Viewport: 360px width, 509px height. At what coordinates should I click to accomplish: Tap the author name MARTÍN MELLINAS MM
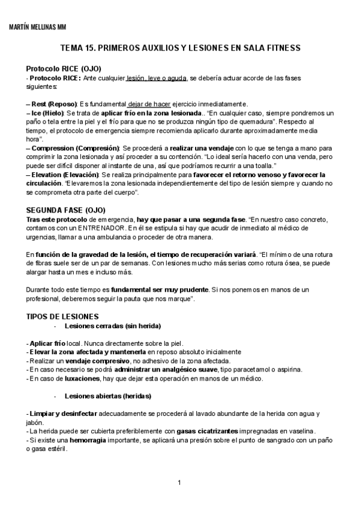pos(38,27)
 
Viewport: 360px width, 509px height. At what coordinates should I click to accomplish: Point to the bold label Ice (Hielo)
pos(46,113)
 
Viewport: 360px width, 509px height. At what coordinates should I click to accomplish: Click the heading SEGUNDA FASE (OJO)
pos(66,210)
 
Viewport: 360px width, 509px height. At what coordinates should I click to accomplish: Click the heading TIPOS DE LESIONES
pos(62,316)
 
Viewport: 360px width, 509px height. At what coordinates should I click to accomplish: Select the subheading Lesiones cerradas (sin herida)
pos(112,326)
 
